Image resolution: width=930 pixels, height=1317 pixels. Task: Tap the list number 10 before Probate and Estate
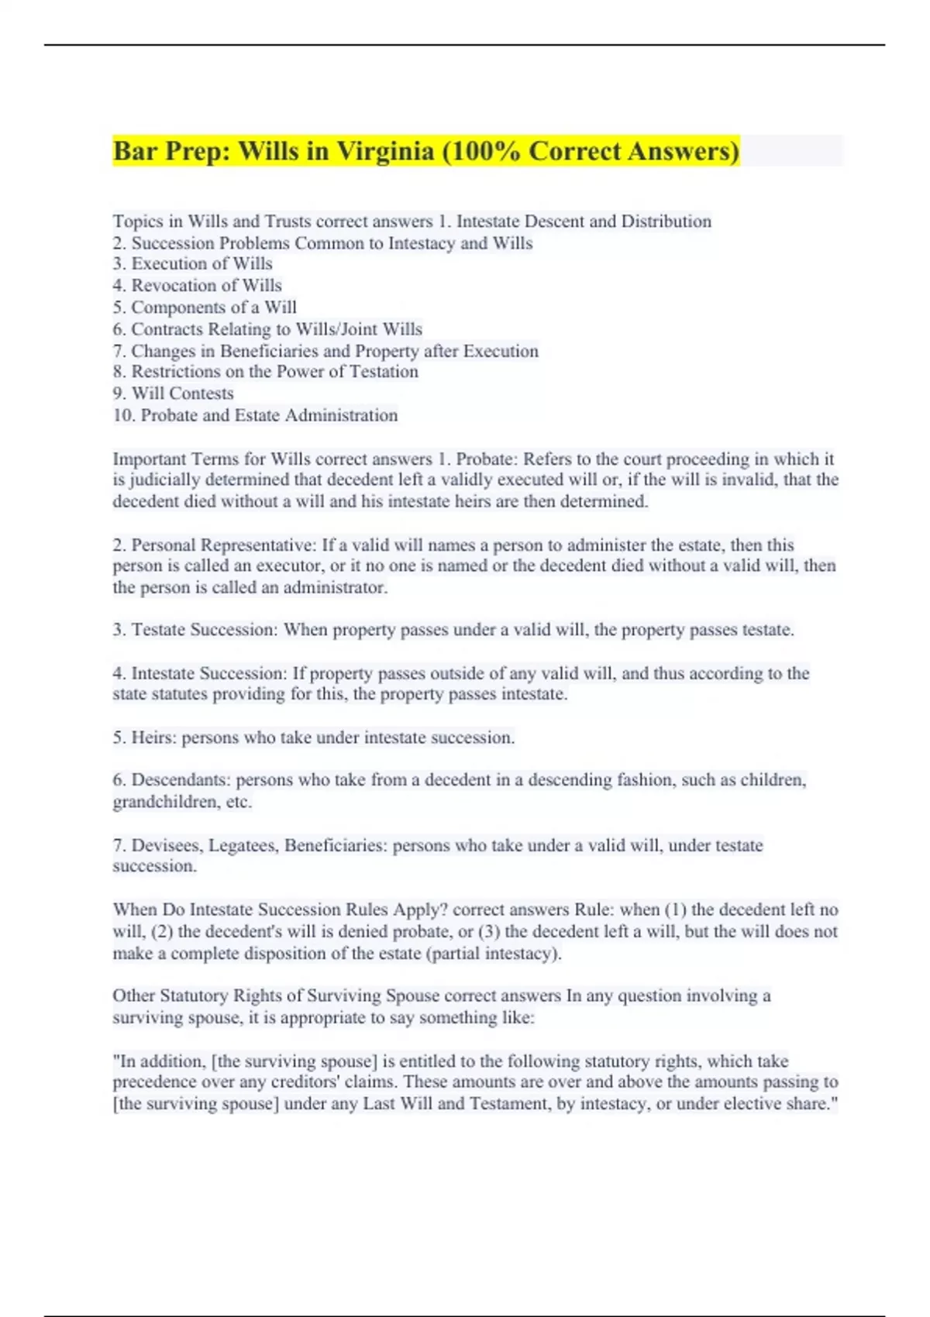pyautogui.click(x=123, y=415)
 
